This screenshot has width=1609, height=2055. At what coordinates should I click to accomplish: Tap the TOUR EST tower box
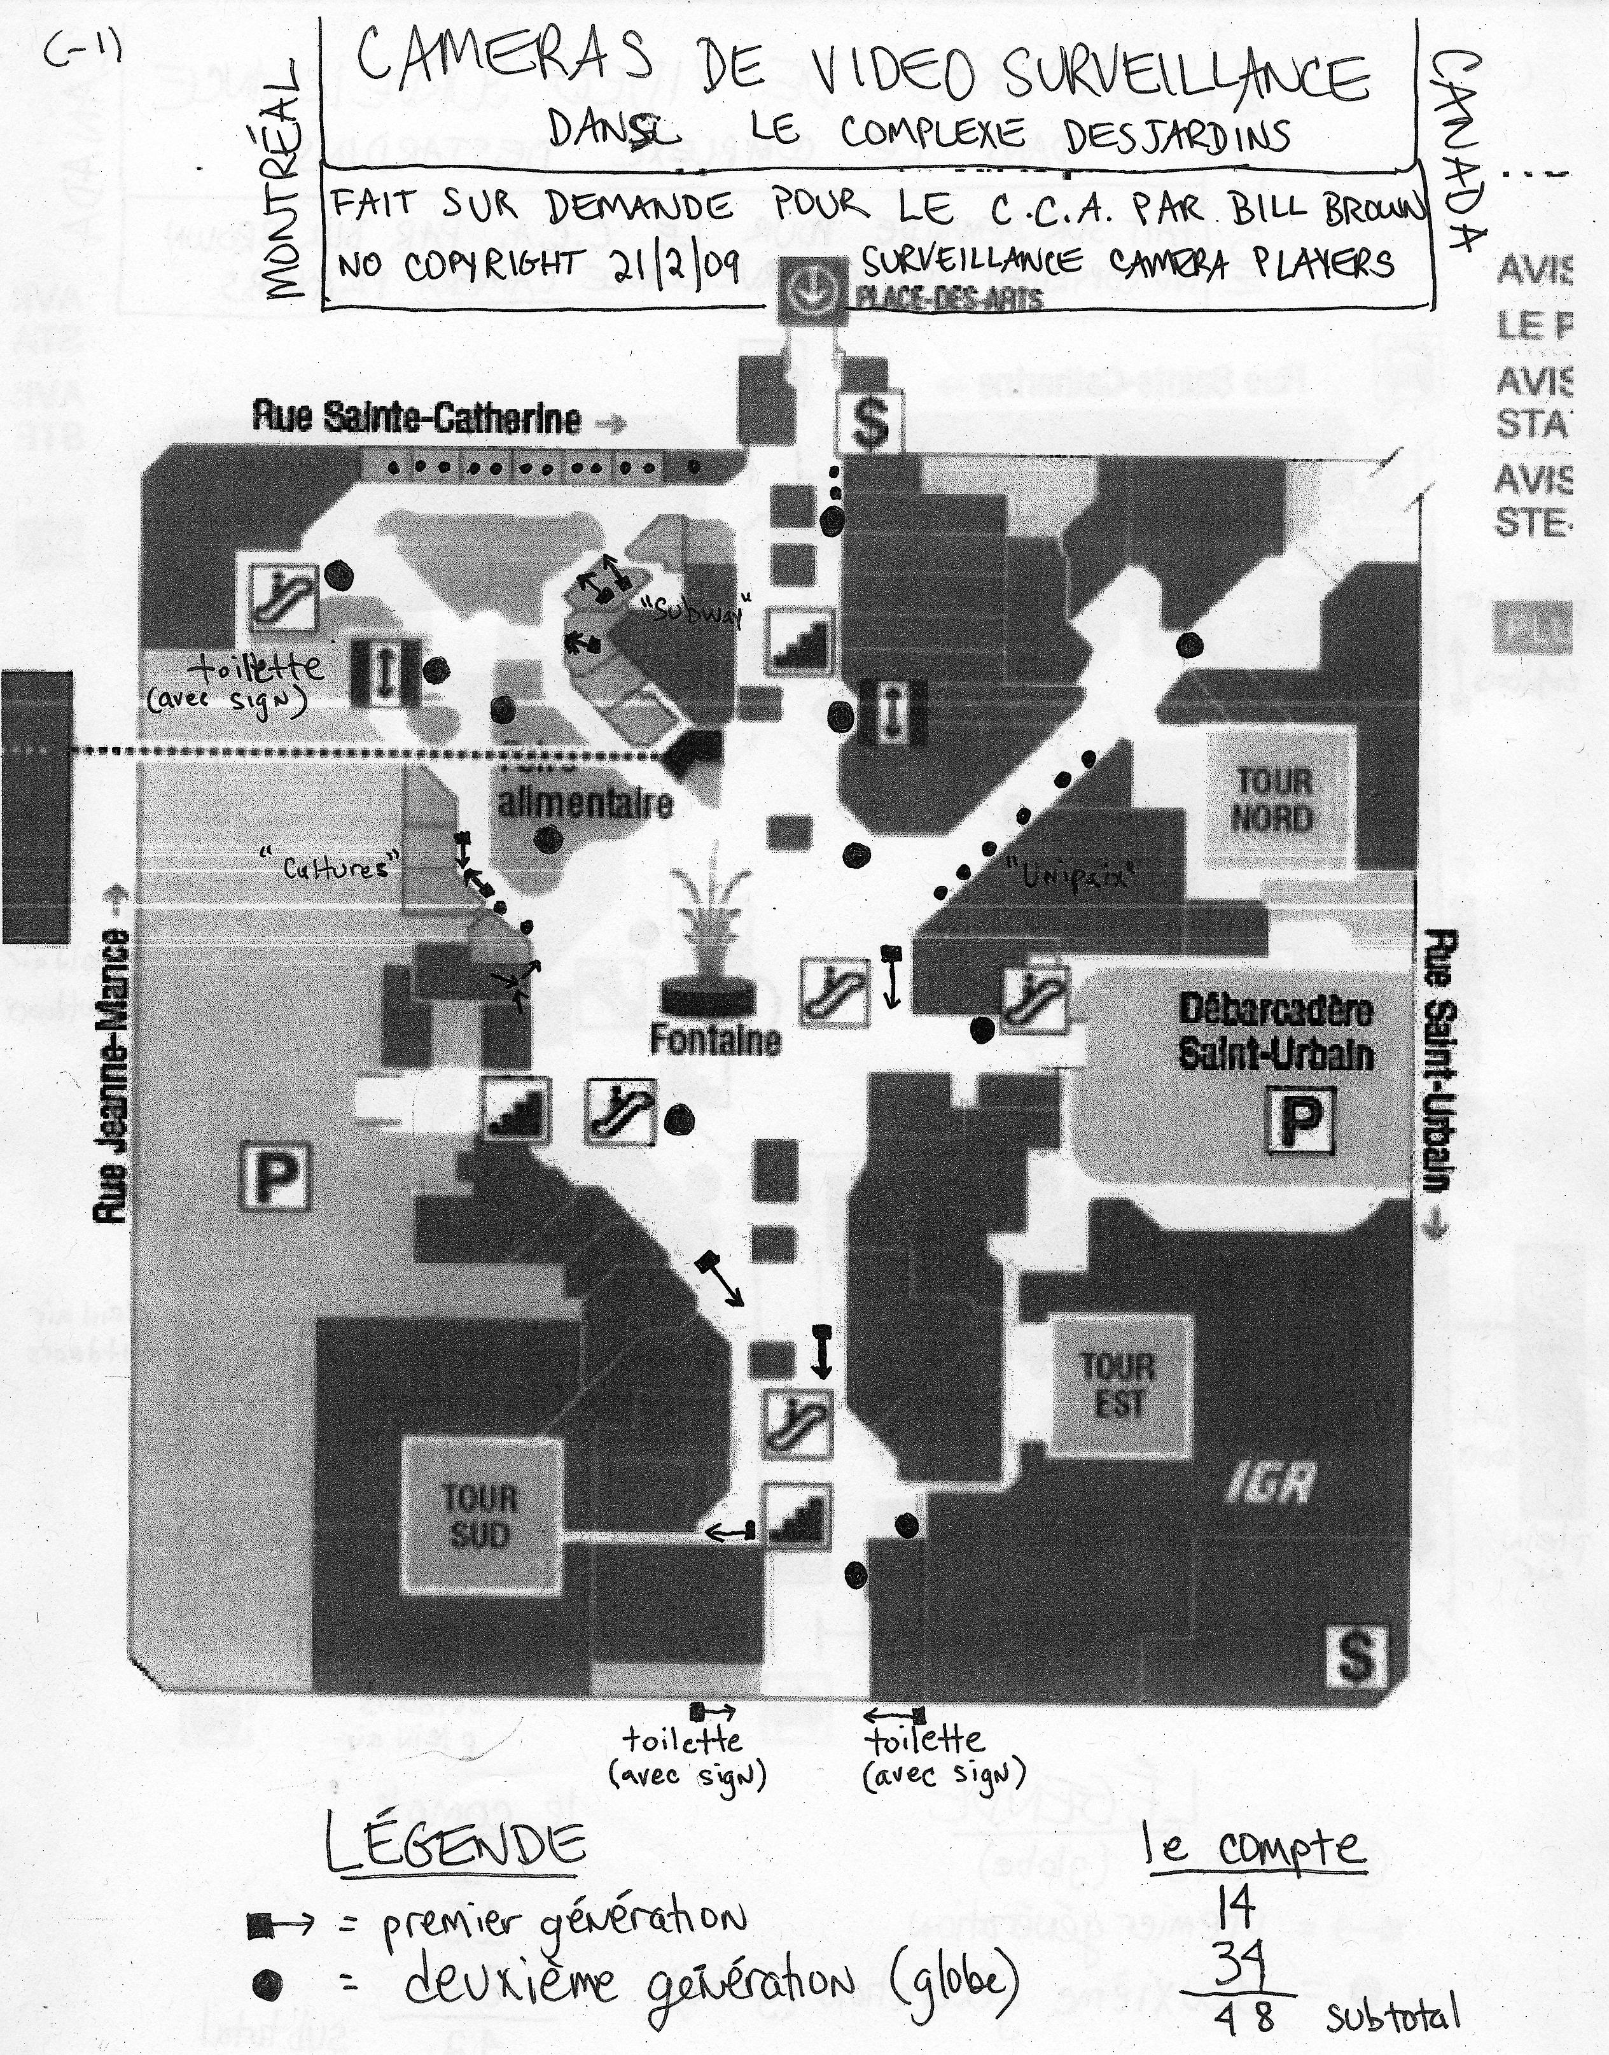(1118, 1385)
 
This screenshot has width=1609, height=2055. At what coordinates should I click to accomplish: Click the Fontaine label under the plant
(716, 1040)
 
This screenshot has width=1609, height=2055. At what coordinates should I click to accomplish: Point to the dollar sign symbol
(870, 422)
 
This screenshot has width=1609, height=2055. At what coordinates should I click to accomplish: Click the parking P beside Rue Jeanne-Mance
(274, 1175)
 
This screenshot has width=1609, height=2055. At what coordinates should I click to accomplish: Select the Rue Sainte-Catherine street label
(415, 418)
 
